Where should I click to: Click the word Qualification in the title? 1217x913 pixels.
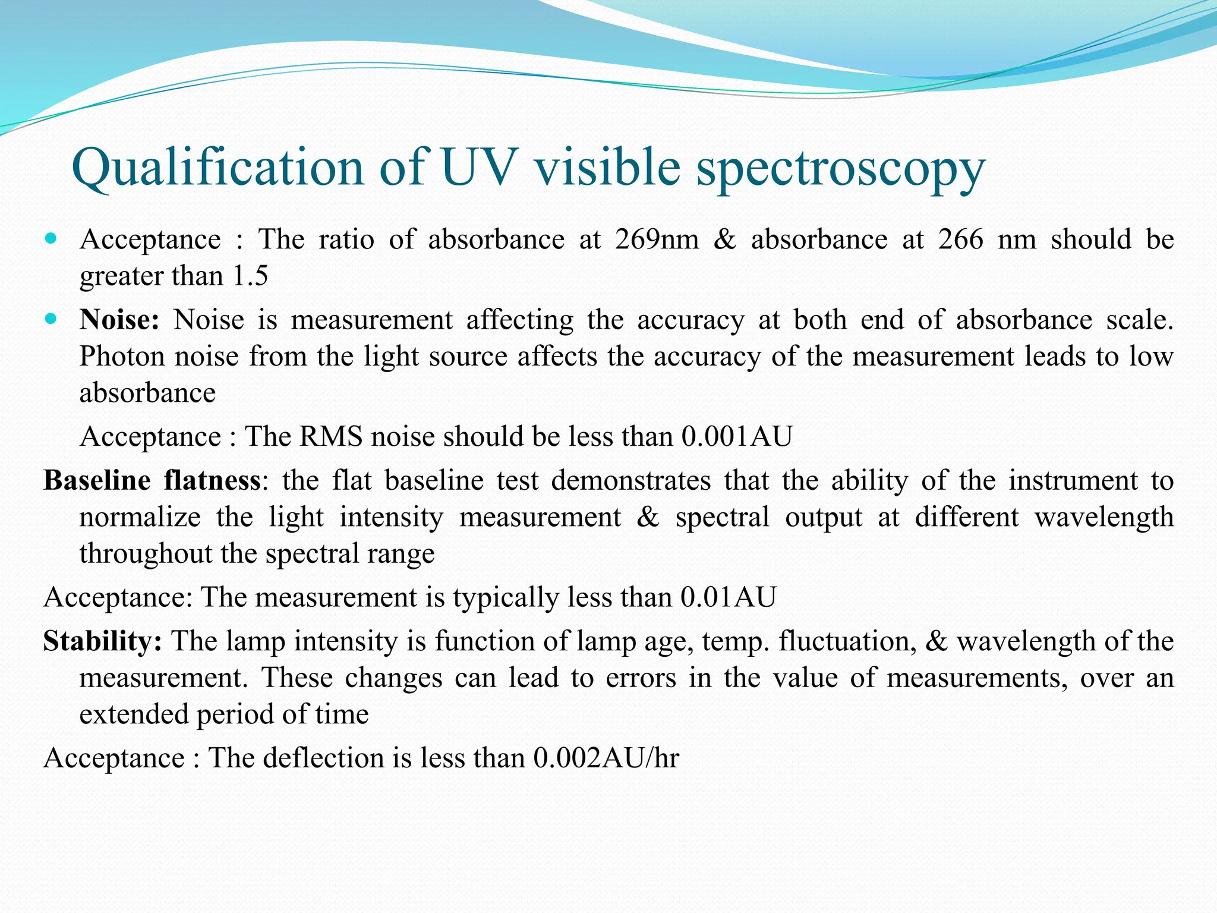[x=217, y=168]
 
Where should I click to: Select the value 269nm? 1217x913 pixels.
[x=657, y=240]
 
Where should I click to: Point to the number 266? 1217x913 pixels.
[x=961, y=240]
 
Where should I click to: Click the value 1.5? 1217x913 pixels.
[x=250, y=276]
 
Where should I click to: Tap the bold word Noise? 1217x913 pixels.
[x=119, y=320]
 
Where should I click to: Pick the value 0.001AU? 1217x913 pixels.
[x=737, y=437]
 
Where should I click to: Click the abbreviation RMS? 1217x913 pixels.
[x=331, y=437]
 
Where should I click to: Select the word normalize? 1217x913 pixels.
[x=140, y=517]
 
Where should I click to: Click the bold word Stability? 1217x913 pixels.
[x=102, y=641]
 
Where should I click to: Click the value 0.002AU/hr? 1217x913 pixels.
[x=606, y=758]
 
